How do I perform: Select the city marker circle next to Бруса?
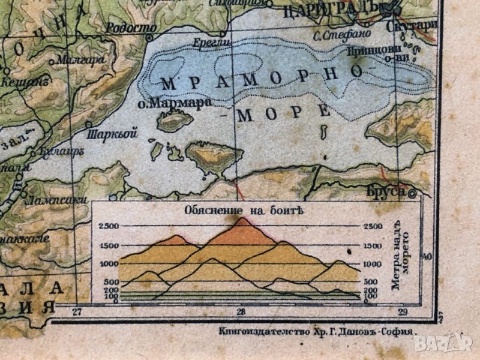412,194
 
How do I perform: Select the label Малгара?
79,59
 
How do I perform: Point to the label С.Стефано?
338,35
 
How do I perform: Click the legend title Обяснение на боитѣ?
241,211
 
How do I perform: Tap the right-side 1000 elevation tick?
371,263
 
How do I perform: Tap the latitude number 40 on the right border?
427,256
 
